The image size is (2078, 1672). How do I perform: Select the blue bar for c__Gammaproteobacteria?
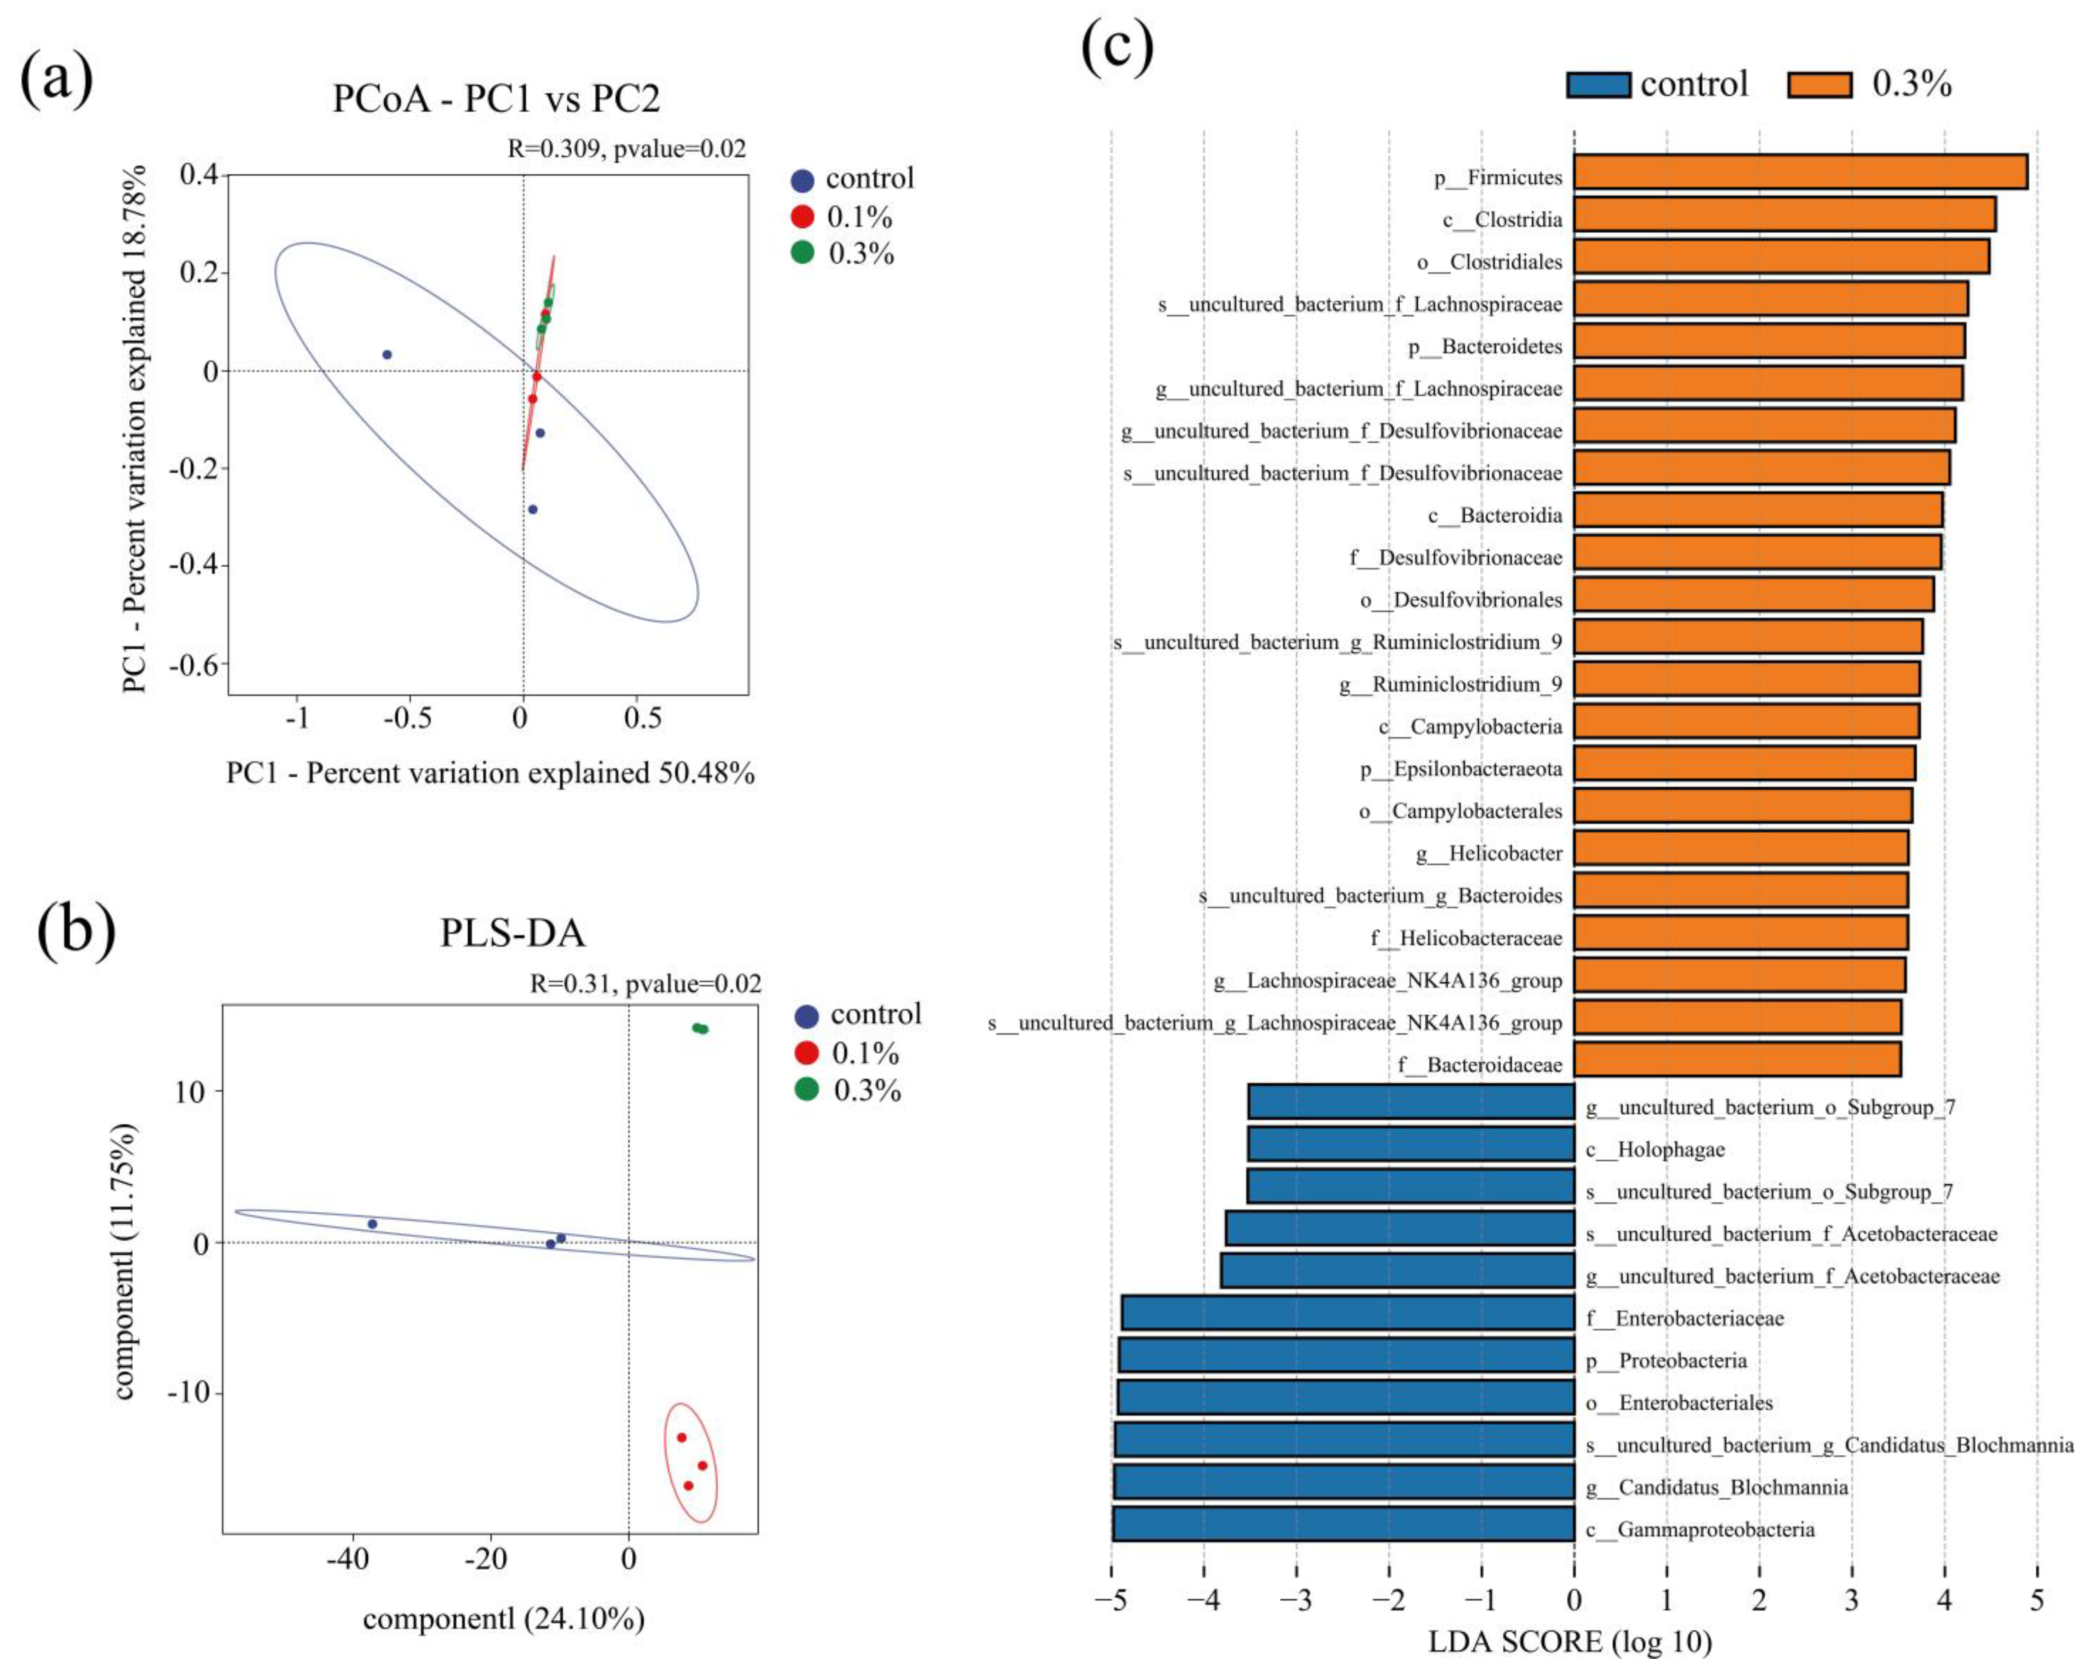(1343, 1530)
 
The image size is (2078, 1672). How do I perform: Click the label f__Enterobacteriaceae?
(1685, 1318)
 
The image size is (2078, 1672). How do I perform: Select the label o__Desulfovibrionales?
(1461, 600)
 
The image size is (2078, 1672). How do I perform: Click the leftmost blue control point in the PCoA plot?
(387, 355)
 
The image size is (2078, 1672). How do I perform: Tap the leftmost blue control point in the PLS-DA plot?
(372, 1224)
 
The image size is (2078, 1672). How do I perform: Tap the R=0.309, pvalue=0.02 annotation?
(627, 149)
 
